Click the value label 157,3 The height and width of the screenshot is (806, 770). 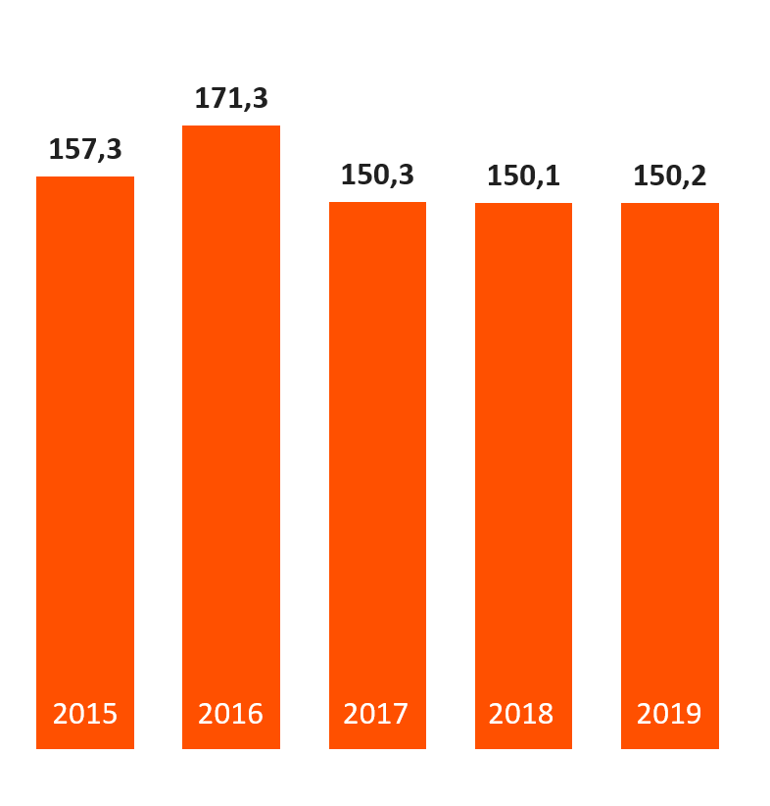click(x=85, y=150)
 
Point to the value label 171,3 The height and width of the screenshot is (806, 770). click(x=231, y=99)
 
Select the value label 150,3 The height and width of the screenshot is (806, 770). click(x=377, y=176)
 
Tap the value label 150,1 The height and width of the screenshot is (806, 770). click(x=523, y=176)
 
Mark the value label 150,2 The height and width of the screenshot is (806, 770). click(x=670, y=176)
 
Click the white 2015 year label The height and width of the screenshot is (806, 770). click(x=85, y=714)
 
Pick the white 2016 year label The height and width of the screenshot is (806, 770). click(x=231, y=714)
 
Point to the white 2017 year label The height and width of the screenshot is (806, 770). click(x=376, y=714)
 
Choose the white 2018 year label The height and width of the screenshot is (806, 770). click(x=522, y=714)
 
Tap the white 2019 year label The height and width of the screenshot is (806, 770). click(x=669, y=714)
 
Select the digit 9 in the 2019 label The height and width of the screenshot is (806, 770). click(x=694, y=714)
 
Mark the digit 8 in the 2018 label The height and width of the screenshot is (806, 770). click(x=546, y=714)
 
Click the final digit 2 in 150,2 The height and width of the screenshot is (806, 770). click(x=698, y=176)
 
